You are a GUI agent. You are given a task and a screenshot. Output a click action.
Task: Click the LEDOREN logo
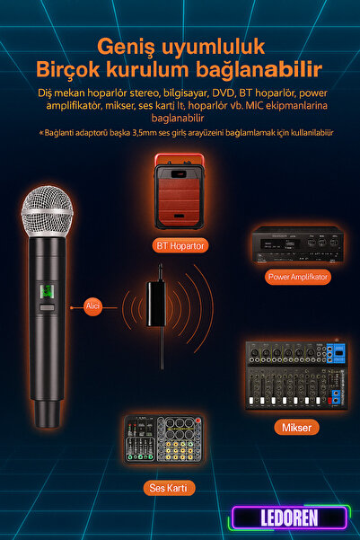[289, 518]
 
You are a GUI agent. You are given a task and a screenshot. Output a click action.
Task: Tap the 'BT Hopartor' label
[180, 245]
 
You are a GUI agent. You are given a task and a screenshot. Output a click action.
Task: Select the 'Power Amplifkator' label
[298, 277]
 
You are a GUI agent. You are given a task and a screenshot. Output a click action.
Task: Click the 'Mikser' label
[296, 428]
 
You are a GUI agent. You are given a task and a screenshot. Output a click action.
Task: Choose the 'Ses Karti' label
[169, 488]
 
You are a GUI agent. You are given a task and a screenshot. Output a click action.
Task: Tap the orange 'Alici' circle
[93, 305]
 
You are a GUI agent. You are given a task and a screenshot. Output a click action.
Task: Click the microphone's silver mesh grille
[48, 211]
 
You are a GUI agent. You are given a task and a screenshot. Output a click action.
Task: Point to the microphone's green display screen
[47, 292]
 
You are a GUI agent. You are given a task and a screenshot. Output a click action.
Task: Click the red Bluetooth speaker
[179, 191]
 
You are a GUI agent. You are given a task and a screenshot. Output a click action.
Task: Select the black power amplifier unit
[298, 244]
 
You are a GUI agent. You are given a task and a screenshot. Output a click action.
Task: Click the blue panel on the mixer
[336, 352]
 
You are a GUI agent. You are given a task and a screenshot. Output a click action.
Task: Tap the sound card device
[163, 438]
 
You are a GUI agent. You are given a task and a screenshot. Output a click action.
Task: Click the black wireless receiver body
[156, 304]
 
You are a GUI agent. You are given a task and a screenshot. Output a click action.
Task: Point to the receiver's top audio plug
[161, 272]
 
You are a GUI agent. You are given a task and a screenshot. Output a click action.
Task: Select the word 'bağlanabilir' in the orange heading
[259, 69]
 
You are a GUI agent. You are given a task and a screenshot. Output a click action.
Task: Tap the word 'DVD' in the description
[224, 93]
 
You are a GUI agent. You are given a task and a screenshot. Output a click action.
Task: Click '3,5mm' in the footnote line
[145, 133]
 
